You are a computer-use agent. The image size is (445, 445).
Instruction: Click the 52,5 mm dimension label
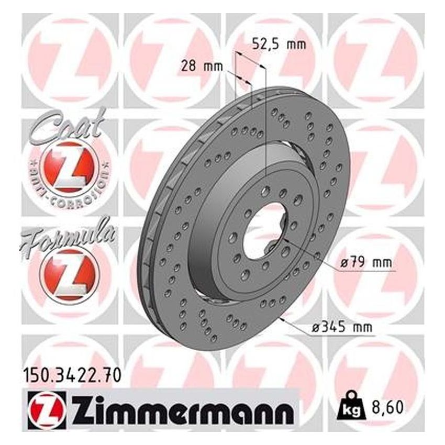click(279, 44)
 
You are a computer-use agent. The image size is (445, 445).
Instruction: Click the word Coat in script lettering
click(65, 126)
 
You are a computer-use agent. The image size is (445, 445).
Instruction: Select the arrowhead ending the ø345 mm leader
click(283, 317)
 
